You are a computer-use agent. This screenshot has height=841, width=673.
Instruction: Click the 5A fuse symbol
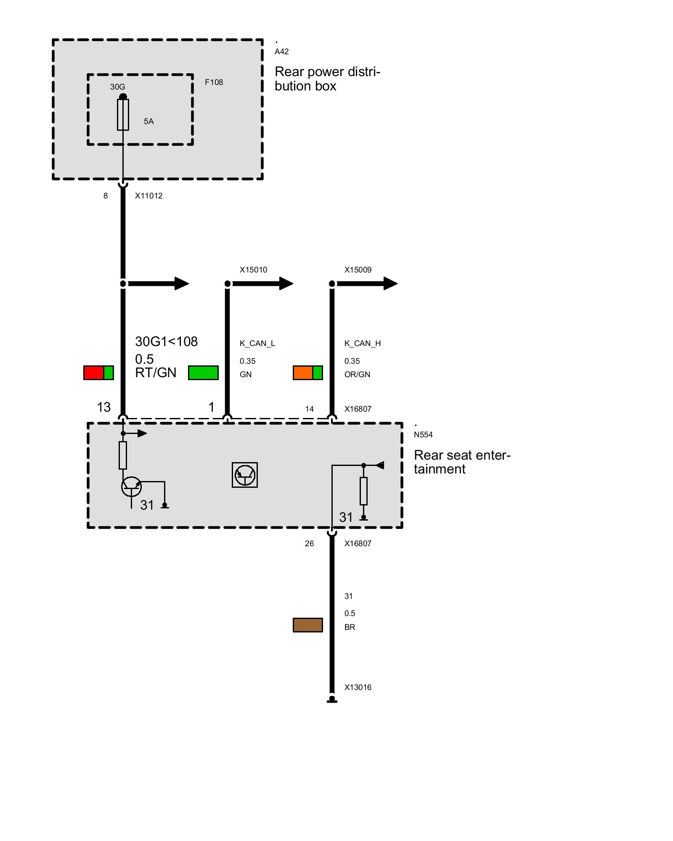[x=123, y=115]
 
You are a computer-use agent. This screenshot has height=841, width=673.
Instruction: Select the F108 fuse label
[x=214, y=82]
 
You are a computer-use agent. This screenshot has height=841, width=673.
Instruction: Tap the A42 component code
[x=281, y=52]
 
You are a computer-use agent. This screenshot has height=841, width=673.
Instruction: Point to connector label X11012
[x=148, y=196]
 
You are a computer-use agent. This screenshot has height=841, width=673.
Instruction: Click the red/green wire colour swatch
[x=98, y=373]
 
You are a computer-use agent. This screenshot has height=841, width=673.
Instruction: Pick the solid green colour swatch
[x=203, y=373]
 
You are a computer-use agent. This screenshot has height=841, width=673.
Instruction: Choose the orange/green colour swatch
[x=308, y=373]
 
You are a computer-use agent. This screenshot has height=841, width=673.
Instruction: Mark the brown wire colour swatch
[x=308, y=625]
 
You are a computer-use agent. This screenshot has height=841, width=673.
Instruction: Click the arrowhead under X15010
[x=286, y=283]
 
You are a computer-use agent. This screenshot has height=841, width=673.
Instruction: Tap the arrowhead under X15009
[x=390, y=283]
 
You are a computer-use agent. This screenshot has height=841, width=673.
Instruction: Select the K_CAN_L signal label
[x=257, y=344]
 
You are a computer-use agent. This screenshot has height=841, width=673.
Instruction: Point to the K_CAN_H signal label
[x=363, y=344]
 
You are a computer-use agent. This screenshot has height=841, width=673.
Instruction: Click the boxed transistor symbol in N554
[x=245, y=475]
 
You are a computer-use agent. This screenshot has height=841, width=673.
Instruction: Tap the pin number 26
[x=309, y=544]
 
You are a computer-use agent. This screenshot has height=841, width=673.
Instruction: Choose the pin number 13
[x=104, y=407]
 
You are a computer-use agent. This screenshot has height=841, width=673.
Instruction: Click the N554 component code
[x=423, y=435]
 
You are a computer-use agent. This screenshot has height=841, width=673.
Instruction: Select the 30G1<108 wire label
[x=166, y=341]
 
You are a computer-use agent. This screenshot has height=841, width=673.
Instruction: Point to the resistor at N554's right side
[x=364, y=491]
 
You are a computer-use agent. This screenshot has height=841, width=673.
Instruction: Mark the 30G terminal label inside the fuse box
[x=118, y=87]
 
